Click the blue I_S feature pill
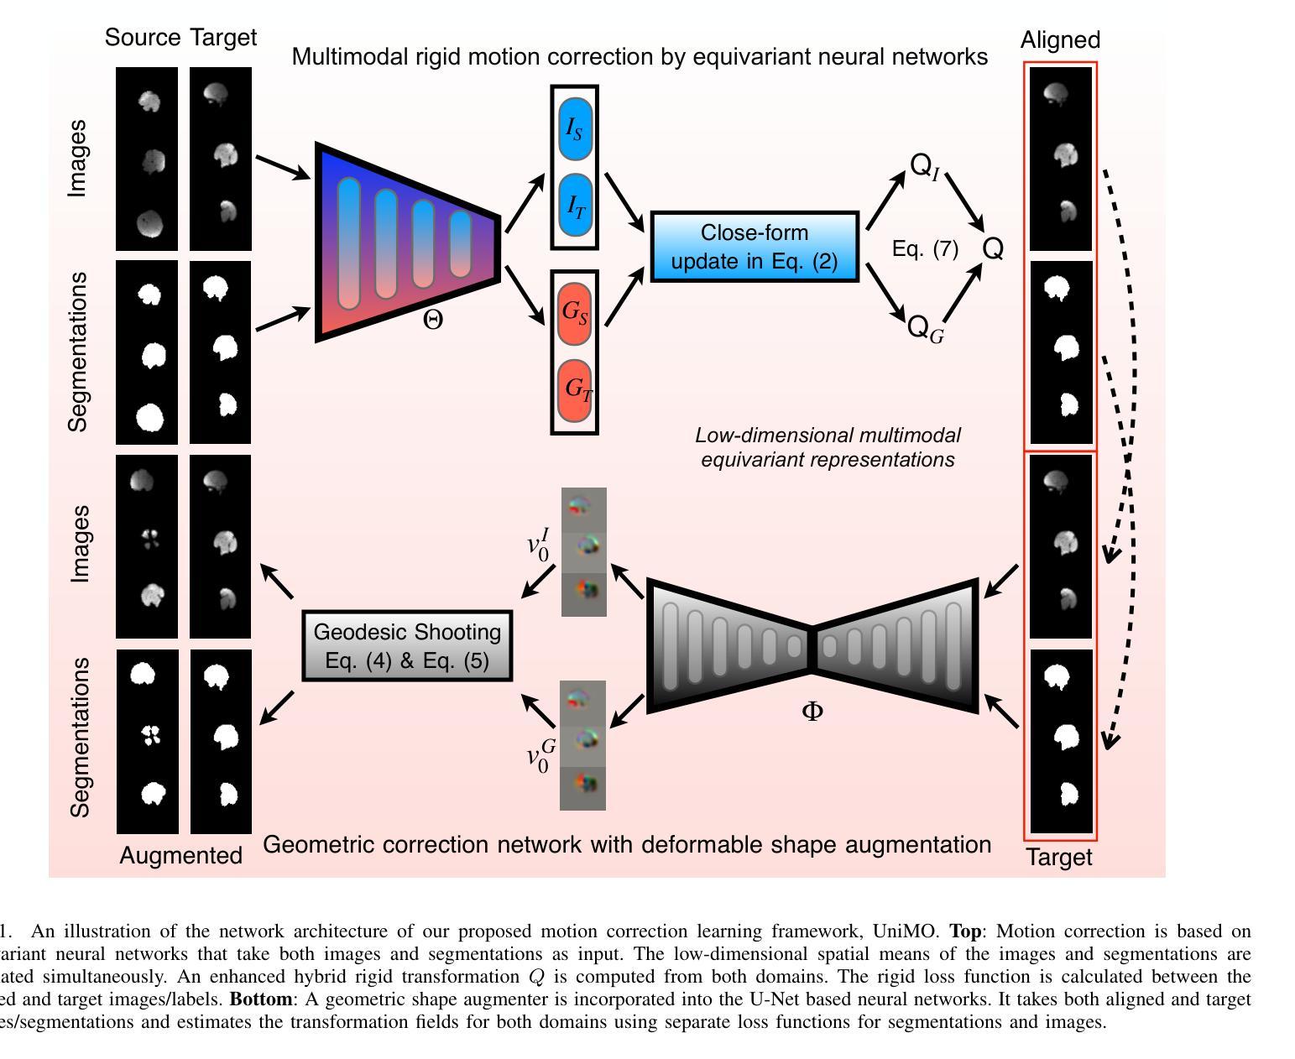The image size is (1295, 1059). (574, 129)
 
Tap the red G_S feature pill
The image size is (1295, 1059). (574, 312)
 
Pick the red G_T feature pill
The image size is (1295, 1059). (575, 389)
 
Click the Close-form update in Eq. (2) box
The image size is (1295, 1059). (755, 247)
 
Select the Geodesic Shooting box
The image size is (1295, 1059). (407, 645)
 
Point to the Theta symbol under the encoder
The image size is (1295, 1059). (432, 320)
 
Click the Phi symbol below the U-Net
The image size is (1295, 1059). (812, 712)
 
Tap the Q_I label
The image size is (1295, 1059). (924, 166)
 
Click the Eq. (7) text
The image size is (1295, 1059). (925, 248)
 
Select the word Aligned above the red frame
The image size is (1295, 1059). (1060, 39)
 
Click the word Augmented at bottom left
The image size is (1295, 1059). (180, 855)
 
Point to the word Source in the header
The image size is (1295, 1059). (143, 37)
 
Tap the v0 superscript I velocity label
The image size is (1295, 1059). (538, 545)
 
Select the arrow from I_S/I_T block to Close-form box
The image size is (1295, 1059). (624, 201)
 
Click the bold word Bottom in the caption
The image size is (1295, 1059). (261, 999)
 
